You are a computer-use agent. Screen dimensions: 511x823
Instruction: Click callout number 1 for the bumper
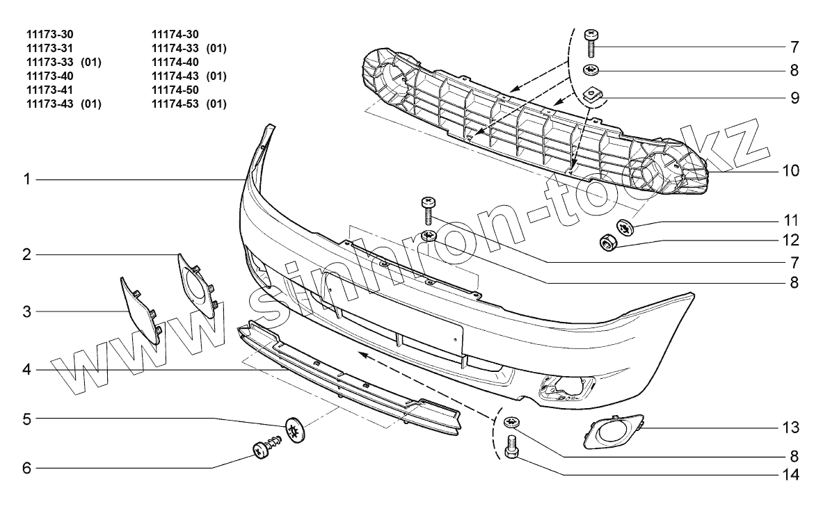(26, 180)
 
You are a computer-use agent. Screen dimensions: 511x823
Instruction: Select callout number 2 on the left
(26, 254)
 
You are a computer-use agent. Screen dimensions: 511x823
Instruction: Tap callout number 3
(26, 311)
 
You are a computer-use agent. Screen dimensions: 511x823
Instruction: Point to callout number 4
(26, 370)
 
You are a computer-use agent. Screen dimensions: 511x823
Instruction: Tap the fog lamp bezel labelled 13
(613, 432)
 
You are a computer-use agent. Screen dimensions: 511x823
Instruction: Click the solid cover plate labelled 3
(140, 310)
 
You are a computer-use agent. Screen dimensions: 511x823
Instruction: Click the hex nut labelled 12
(607, 243)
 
